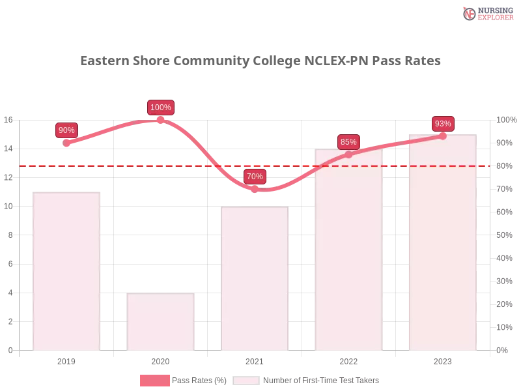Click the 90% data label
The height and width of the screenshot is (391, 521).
[x=66, y=130]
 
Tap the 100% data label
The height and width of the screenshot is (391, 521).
[x=160, y=108]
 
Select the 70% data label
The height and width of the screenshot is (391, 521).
[x=255, y=176]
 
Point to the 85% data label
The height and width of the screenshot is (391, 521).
[x=348, y=141]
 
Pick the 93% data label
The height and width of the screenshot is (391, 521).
[x=443, y=124]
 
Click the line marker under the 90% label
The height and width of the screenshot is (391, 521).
[x=66, y=143]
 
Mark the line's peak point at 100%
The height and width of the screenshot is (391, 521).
[x=161, y=120]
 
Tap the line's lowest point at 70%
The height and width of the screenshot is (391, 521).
[x=255, y=189]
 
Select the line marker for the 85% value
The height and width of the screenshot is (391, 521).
[x=348, y=154]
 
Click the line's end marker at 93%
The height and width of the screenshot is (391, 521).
[x=443, y=136]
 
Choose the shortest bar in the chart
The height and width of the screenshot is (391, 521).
[x=161, y=323]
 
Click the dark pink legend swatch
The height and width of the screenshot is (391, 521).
[x=155, y=380]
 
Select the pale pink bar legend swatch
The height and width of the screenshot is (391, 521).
[x=246, y=380]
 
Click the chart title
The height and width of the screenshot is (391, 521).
[x=260, y=61]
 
